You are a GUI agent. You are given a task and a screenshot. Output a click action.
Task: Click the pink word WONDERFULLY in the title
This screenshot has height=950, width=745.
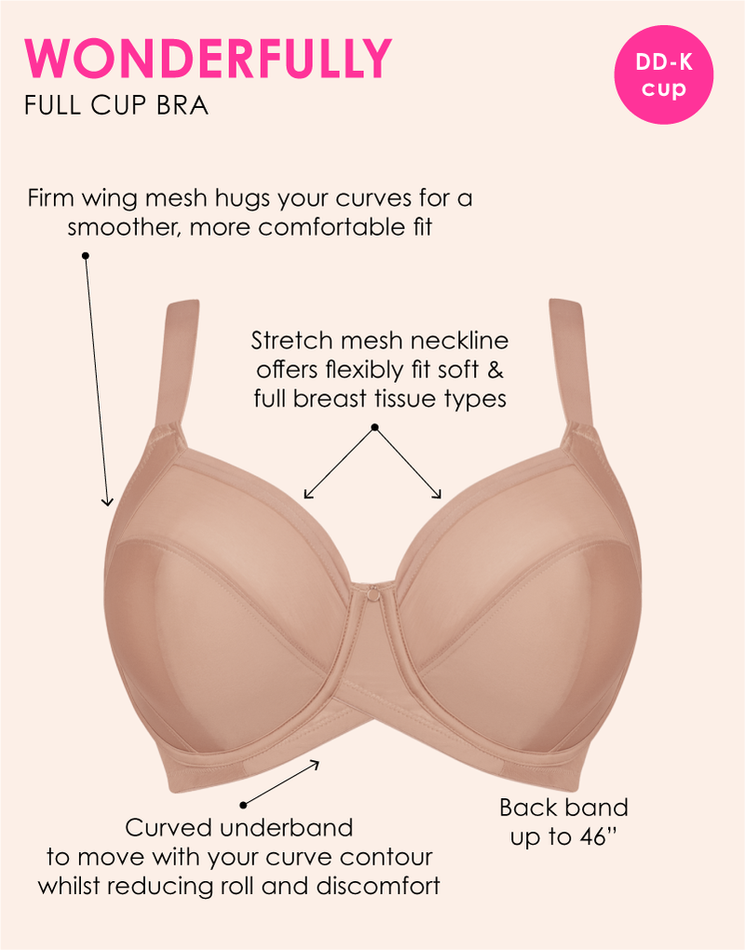tap(208, 58)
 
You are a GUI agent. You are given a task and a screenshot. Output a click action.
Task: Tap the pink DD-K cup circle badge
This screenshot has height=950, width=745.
tap(664, 75)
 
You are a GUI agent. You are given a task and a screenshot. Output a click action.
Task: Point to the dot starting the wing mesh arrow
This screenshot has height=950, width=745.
tap(86, 256)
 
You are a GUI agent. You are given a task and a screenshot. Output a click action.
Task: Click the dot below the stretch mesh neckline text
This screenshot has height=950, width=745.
tap(375, 427)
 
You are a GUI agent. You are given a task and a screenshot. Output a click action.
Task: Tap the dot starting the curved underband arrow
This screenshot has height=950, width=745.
tap(243, 805)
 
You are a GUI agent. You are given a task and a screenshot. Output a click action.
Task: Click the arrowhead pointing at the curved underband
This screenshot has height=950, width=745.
tap(314, 764)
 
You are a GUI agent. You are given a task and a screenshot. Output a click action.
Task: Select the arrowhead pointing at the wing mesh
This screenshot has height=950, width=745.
tap(107, 501)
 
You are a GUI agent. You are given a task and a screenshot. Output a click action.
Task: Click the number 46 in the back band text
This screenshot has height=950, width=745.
tap(591, 836)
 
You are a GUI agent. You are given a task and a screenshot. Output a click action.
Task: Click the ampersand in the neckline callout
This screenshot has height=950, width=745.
tap(495, 370)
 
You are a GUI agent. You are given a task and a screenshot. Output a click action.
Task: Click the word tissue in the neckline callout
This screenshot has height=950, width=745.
tap(405, 399)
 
